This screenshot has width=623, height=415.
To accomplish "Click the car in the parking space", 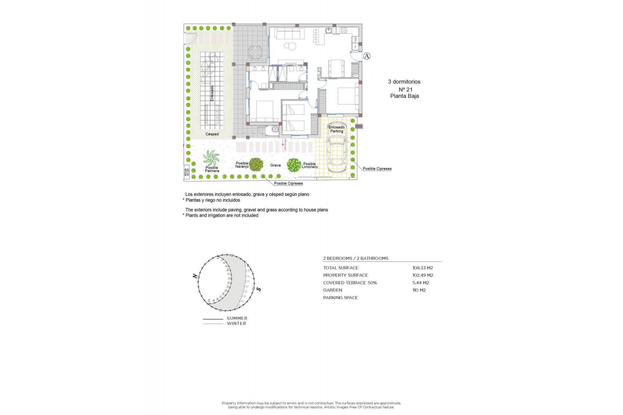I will click(x=337, y=153).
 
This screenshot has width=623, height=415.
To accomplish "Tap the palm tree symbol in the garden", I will click(x=211, y=158).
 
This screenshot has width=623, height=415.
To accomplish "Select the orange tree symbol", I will click(x=256, y=164).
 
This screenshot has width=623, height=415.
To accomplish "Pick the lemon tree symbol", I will click(x=294, y=165).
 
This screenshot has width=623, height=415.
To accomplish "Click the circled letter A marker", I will click(x=367, y=56).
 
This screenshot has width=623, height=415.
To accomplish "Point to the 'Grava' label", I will click(x=275, y=165).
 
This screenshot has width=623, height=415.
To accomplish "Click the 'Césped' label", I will click(x=212, y=134).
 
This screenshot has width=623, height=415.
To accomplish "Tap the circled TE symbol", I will click(x=275, y=129).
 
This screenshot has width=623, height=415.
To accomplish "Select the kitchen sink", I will click(x=329, y=31).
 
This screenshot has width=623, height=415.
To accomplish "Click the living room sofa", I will click(x=289, y=33).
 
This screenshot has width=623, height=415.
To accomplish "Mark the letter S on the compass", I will click(x=258, y=289).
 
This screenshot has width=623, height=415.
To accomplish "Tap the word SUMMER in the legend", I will click(x=237, y=318).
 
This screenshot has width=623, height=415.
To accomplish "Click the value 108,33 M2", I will click(x=422, y=268).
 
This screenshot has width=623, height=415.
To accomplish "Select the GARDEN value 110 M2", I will click(x=419, y=290).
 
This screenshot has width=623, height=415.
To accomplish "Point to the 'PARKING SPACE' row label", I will click(x=340, y=298).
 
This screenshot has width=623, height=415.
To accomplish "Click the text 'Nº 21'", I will click(x=405, y=89).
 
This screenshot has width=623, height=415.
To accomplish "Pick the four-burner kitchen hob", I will click(x=344, y=30).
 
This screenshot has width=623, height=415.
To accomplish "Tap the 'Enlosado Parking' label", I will click(x=336, y=129).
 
